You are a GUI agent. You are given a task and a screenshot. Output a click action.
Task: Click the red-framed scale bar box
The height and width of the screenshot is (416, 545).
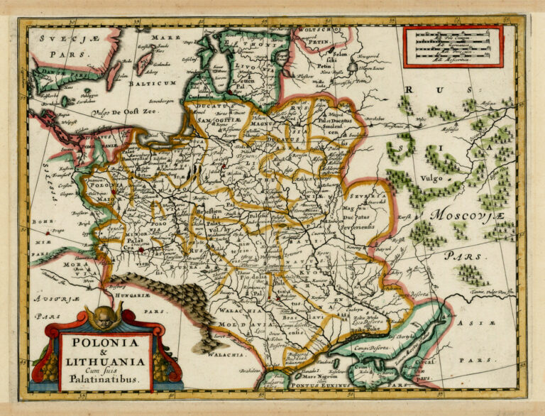click(453, 46)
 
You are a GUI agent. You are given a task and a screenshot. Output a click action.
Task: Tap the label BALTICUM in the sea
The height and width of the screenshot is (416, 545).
click(151, 83)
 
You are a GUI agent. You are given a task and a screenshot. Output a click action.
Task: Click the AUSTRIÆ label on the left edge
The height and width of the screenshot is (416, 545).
click(51, 300)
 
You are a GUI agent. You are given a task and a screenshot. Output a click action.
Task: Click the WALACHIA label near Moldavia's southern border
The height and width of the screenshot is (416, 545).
click(227, 353)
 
